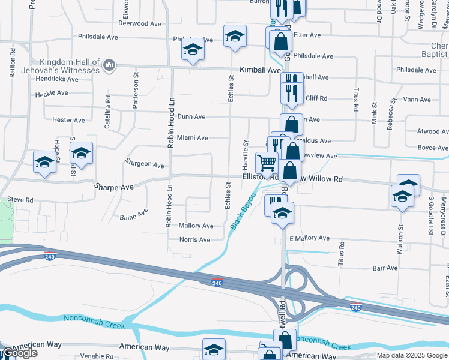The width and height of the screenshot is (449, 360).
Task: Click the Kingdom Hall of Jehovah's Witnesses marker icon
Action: [x=109, y=65]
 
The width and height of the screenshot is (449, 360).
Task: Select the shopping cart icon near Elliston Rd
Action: [x=266, y=161]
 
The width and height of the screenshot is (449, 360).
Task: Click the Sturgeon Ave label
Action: [x=145, y=163]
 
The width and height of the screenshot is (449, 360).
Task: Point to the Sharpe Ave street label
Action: [x=113, y=187]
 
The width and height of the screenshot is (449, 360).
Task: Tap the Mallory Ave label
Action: [x=196, y=226]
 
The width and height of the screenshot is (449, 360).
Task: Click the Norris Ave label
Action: [x=195, y=239]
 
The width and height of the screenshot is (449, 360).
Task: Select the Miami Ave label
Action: [x=192, y=138]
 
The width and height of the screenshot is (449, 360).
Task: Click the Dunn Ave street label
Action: [x=191, y=117]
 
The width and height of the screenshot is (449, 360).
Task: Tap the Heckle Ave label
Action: [x=52, y=94]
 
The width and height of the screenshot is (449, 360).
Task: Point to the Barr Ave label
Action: [x=385, y=268]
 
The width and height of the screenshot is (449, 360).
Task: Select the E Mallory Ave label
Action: [x=309, y=239]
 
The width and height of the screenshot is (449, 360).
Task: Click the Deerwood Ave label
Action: [x=140, y=24]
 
